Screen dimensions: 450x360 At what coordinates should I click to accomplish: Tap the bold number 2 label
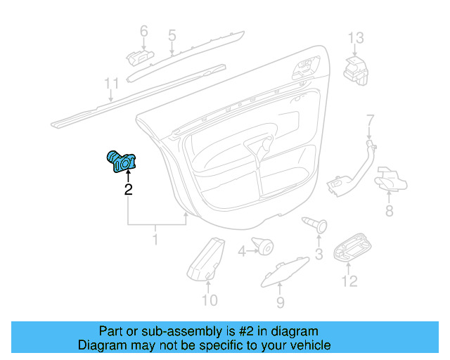click(x=128, y=188)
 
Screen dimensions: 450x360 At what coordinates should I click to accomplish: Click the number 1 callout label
click(x=155, y=240)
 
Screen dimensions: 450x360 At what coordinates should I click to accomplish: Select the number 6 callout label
click(x=144, y=32)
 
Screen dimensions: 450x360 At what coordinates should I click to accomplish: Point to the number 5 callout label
click(x=171, y=34)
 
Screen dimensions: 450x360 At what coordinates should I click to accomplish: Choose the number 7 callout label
click(x=371, y=120)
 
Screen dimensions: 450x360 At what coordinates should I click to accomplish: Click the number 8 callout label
click(x=389, y=211)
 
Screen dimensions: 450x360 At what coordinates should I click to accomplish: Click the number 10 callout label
click(x=210, y=301)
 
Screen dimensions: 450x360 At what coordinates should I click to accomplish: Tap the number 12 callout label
click(x=349, y=281)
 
